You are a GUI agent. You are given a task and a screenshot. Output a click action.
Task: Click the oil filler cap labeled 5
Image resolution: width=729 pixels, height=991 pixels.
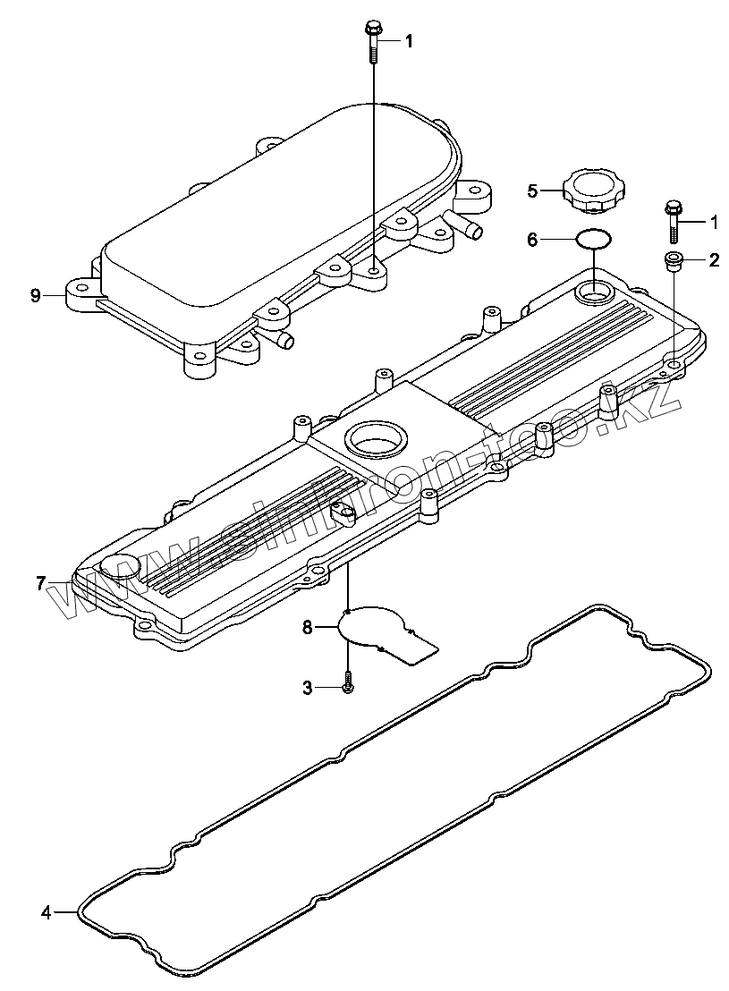coord(595,192)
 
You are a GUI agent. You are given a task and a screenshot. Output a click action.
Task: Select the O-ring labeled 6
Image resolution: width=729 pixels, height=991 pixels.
coord(593,239)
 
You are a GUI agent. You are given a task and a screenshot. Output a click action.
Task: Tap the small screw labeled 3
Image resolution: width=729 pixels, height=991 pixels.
coord(348,687)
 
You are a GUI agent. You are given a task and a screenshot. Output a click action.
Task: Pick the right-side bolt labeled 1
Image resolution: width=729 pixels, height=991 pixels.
coord(672,220)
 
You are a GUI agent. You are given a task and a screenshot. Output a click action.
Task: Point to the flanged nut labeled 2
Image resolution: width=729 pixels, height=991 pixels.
coord(673,261)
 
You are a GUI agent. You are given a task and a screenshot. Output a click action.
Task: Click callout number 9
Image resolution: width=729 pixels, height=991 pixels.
coord(36,295)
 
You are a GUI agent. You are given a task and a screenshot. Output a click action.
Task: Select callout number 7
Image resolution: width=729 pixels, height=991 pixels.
coord(41,583)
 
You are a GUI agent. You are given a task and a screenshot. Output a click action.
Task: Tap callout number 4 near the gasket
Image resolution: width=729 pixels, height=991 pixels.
coord(46,913)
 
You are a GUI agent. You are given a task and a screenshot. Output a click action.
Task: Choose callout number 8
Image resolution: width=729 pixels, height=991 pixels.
coord(307,628)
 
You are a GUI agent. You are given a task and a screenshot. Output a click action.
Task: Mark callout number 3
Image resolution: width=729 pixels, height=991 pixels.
coord(307,687)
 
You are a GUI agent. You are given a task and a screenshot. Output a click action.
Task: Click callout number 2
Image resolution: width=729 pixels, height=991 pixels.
coord(714,261)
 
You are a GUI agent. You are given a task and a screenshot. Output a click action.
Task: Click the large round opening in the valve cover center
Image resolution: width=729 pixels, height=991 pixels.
coord(377,438)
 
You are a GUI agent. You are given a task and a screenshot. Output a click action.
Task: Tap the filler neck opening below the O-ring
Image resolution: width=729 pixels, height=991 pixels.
coord(593,292)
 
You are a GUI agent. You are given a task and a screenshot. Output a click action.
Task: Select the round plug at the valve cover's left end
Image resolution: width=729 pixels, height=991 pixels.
coord(120,568)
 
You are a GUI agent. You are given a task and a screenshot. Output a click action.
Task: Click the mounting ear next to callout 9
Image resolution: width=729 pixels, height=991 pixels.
coord(81,292)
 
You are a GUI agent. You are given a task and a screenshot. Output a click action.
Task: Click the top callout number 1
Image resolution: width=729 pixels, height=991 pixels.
coord(408,40)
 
